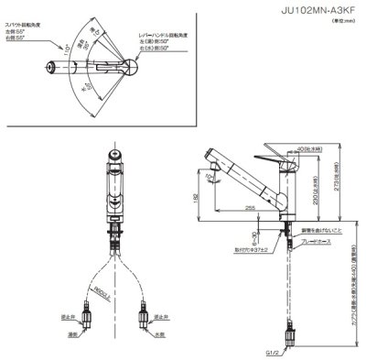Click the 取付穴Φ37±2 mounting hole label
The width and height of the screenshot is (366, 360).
(253, 247)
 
